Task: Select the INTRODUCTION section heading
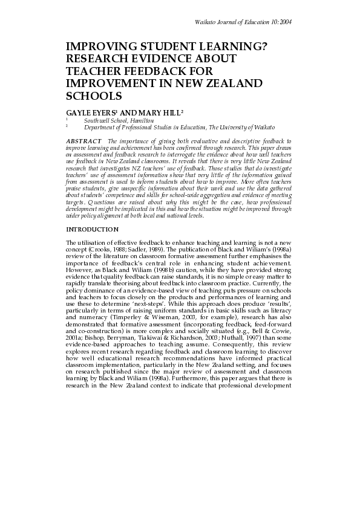tap(93, 213)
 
